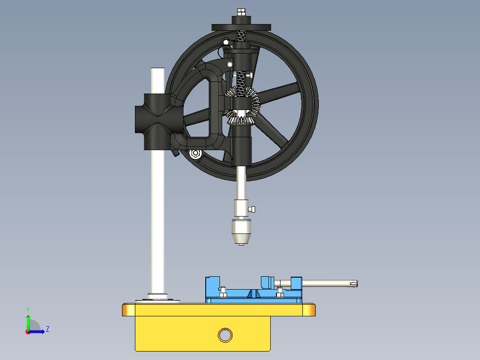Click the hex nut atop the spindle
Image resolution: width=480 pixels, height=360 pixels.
(x=241, y=12)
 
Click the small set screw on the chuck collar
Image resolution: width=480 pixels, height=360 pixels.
(x=253, y=209)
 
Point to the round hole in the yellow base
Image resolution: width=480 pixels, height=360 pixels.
(x=225, y=335)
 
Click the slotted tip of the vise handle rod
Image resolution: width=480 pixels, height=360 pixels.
(x=354, y=282)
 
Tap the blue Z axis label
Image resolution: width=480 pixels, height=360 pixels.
(x=47, y=329)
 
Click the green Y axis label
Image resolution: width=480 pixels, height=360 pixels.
(x=28, y=309)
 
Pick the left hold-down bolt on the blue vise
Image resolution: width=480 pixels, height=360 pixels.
(x=223, y=291)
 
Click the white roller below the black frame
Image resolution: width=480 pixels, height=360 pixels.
(x=195, y=154)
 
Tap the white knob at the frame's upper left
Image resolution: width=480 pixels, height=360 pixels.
(x=226, y=42)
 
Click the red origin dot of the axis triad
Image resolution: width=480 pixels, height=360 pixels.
(x=28, y=331)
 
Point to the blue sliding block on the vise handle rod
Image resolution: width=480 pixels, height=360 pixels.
(x=296, y=283)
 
